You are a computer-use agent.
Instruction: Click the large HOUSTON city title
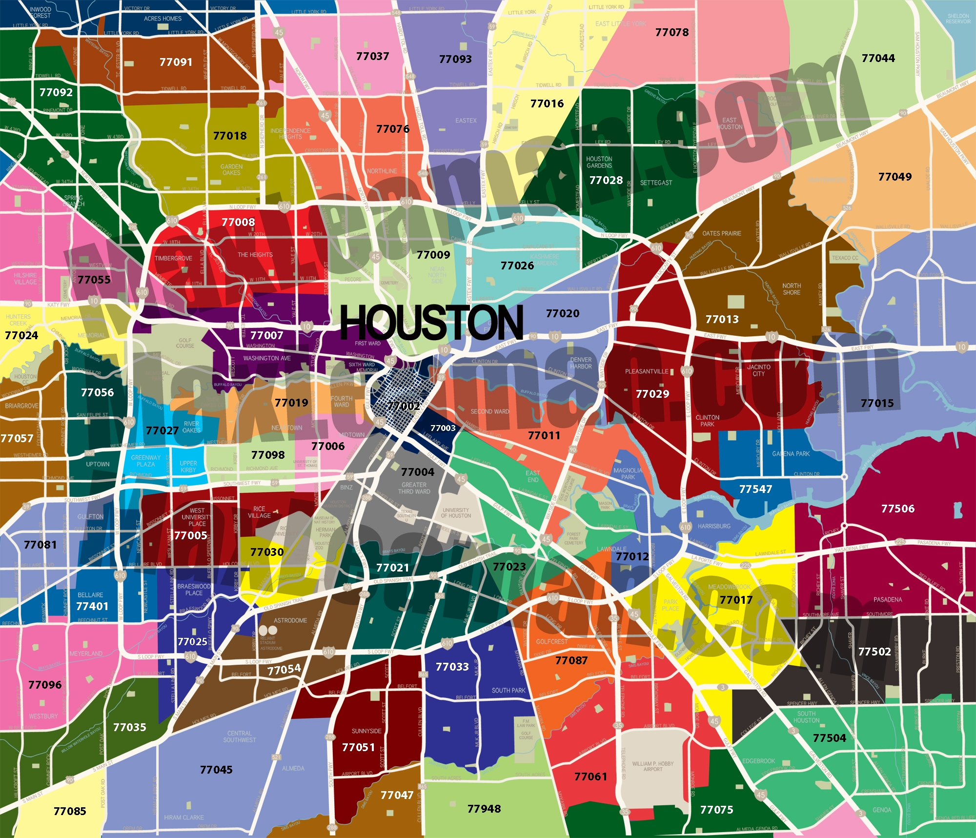431,323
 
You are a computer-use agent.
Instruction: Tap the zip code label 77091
176,62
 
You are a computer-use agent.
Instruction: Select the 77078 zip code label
672,32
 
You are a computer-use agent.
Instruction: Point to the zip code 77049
895,177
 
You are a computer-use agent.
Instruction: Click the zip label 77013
722,319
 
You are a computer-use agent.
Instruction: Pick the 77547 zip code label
755,489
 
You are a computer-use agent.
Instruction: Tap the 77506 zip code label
897,509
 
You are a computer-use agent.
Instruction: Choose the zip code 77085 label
70,811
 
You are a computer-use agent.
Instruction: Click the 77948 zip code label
484,809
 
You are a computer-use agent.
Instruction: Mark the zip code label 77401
92,606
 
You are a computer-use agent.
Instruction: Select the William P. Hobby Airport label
653,766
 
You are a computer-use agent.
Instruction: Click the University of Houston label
456,512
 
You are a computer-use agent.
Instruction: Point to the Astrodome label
290,620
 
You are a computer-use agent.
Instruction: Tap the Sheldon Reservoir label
958,19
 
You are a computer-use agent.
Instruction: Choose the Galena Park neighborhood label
791,453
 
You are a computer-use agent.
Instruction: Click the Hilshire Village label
25,278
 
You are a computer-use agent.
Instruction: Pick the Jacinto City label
759,370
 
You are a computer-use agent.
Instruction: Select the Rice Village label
259,512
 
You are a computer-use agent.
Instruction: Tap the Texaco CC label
845,258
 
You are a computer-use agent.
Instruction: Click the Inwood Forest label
41,12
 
